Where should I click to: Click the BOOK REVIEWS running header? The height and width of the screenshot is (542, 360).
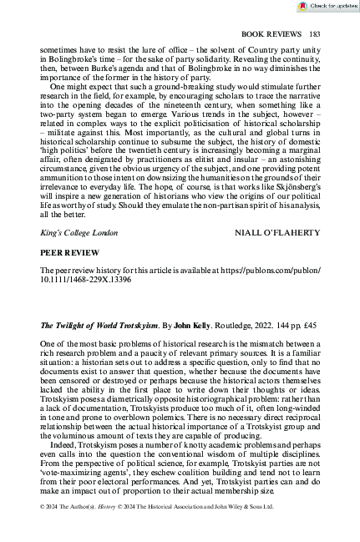(x=271, y=34)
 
